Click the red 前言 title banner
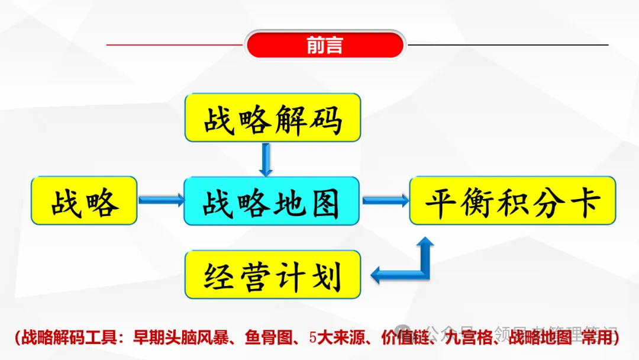[325, 45]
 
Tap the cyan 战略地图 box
[272, 201]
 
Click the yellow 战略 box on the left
[84, 201]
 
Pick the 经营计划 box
[273, 274]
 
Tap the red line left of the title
[175, 44]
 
